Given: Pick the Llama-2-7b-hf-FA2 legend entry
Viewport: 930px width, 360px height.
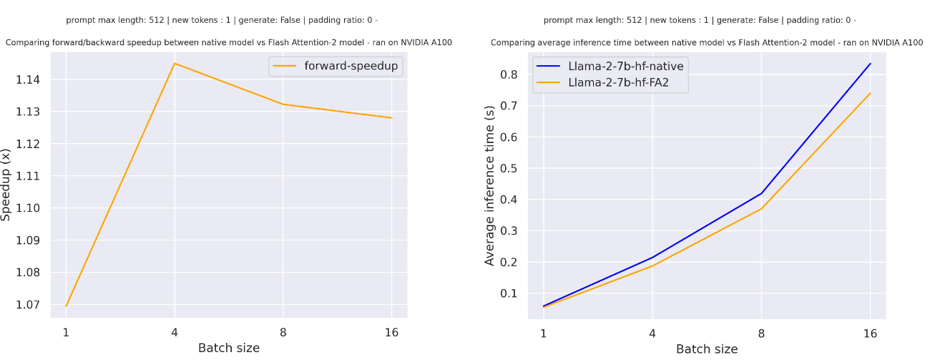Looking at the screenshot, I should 609,83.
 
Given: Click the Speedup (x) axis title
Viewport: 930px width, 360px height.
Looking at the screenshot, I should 7,185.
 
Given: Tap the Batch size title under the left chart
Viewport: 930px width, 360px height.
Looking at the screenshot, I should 228,348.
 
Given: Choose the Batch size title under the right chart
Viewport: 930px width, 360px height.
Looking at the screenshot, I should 706,349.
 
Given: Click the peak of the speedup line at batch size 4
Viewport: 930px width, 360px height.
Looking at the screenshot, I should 175,64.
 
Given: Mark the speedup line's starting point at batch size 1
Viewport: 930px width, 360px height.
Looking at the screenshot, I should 67,306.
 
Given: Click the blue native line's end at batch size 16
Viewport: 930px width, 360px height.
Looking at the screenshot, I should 870,64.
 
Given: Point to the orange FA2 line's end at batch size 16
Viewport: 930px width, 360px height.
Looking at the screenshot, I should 870,93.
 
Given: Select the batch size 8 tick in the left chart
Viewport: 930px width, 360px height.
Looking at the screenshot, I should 283,332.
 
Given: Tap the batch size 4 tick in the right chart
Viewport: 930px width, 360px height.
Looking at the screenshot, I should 652,333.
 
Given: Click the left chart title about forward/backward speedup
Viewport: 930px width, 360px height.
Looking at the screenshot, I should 228,43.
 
